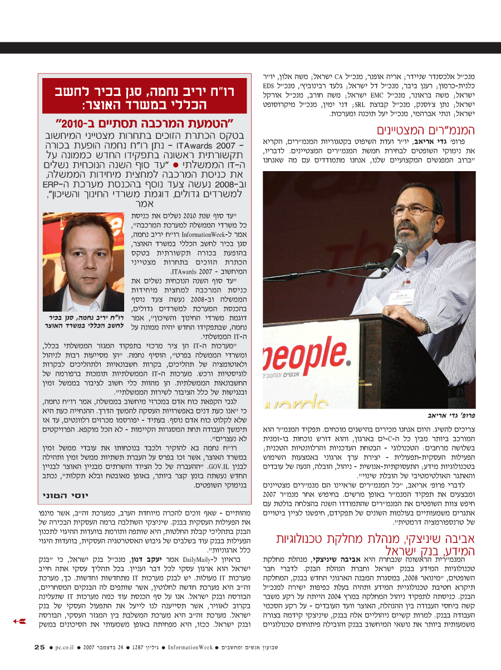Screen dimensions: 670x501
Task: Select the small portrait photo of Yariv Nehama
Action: (83, 261)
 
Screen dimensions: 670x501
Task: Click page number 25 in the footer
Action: (39, 647)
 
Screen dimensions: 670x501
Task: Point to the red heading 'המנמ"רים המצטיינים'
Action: (420, 131)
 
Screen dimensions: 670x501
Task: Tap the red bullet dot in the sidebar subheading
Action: (175, 166)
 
